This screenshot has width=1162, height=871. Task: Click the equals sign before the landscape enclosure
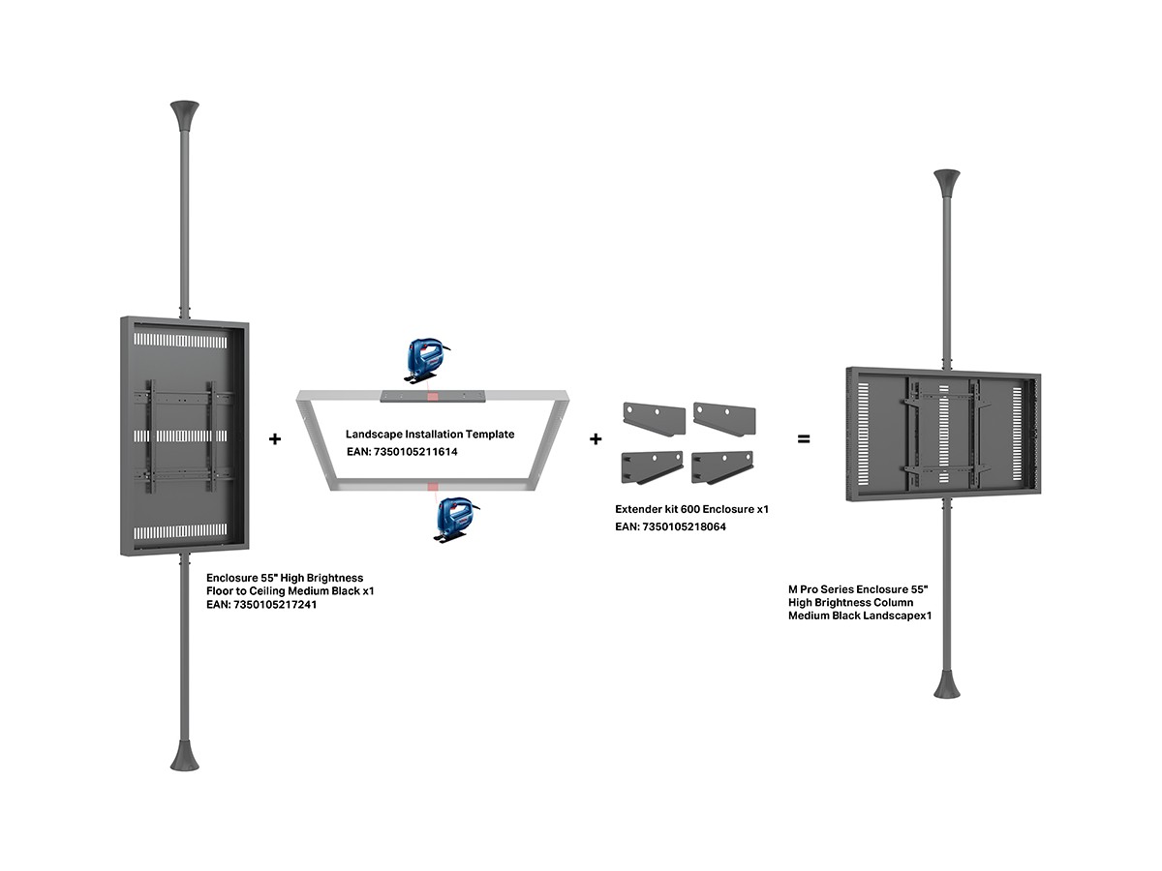pyautogui.click(x=803, y=438)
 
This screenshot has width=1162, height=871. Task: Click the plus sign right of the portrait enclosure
pyautogui.click(x=275, y=438)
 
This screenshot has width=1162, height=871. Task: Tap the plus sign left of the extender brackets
pyautogui.click(x=596, y=438)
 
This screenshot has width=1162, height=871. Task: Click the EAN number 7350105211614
pyautogui.click(x=415, y=451)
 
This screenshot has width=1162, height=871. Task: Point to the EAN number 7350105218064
pyautogui.click(x=685, y=526)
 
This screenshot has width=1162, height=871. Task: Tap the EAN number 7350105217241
pyautogui.click(x=276, y=604)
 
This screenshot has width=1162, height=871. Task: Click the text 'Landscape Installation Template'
pyautogui.click(x=430, y=435)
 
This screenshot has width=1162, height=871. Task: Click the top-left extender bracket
pyautogui.click(x=654, y=418)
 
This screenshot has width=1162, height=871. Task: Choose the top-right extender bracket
pyautogui.click(x=724, y=417)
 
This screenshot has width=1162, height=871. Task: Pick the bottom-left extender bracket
pyautogui.click(x=653, y=466)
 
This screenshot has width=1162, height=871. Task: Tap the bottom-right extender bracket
pyautogui.click(x=723, y=466)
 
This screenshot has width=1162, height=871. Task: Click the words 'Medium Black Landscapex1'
pyautogui.click(x=860, y=615)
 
